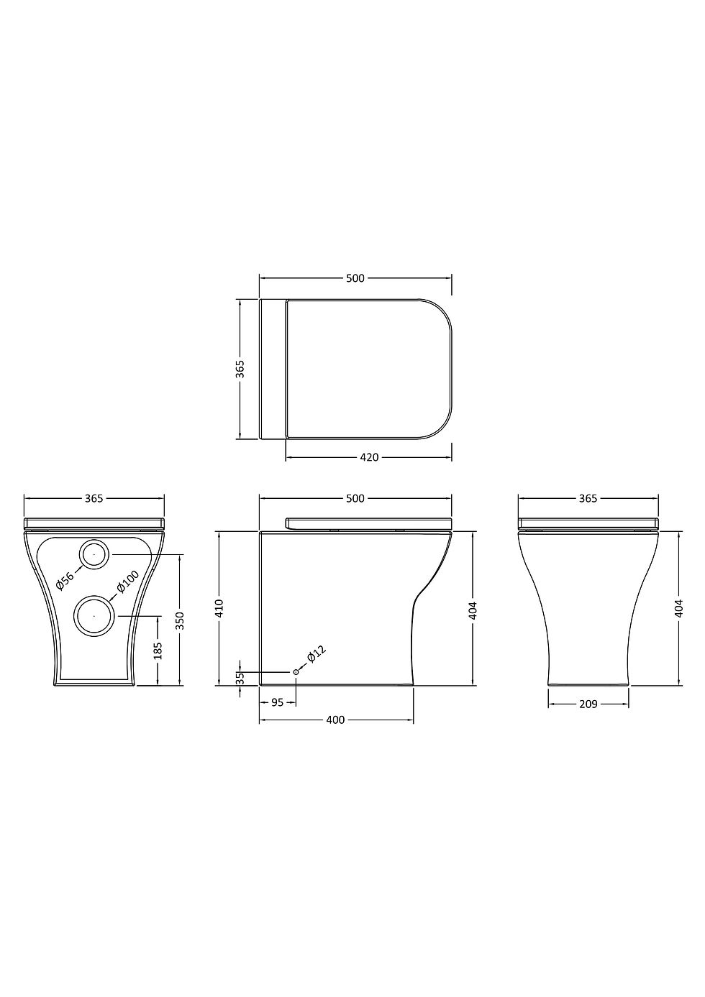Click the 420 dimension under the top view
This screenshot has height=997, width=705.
coord(368,457)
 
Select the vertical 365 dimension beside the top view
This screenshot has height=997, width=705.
coord(241,369)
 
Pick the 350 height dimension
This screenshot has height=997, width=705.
coord(180,619)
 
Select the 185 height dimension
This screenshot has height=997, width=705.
coord(158,651)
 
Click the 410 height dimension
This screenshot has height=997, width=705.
coord(220,608)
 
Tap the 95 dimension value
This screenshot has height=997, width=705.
coord(277,702)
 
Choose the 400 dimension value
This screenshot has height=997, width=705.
coord(335,720)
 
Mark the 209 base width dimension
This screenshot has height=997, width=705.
coord(588,704)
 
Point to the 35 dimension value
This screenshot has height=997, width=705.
coord(241,677)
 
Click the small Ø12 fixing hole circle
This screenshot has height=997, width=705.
coord(296,671)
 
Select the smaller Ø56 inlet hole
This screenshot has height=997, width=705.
coord(94,554)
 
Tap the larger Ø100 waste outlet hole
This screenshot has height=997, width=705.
coord(94,616)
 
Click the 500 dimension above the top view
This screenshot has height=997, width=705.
coord(355,278)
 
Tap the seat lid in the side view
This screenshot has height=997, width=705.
coord(368,523)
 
